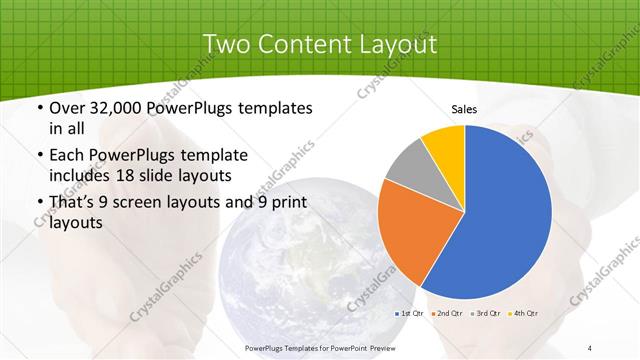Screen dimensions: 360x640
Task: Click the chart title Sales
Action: [463, 109]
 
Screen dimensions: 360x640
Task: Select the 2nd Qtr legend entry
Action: [449, 314]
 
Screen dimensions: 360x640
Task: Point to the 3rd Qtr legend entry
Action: [487, 314]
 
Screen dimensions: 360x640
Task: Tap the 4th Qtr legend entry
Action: [524, 314]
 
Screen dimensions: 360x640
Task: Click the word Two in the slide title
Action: [227, 44]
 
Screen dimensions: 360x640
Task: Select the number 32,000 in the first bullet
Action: [123, 108]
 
